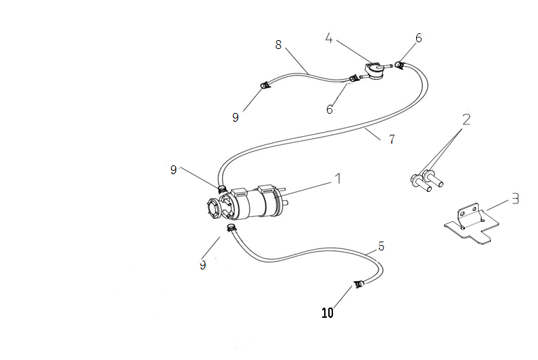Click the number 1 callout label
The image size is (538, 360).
[x=336, y=179]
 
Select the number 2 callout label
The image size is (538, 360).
[x=465, y=119]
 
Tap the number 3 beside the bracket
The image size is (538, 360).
[x=516, y=199]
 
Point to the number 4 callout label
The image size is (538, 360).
[x=328, y=38]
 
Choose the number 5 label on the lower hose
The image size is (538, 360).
[x=381, y=246]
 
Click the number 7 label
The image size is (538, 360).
[x=392, y=140]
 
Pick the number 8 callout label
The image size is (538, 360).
[x=278, y=45]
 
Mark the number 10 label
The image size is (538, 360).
[x=328, y=313]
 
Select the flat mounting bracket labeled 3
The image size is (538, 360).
[x=470, y=225]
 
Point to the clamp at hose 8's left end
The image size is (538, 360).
[x=264, y=85]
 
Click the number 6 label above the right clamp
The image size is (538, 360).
[x=418, y=38]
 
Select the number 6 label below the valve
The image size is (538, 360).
[x=330, y=109]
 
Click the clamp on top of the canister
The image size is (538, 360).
[x=221, y=188]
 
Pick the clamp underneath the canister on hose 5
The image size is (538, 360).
[x=232, y=227]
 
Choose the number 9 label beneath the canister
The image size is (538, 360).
[x=202, y=265]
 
